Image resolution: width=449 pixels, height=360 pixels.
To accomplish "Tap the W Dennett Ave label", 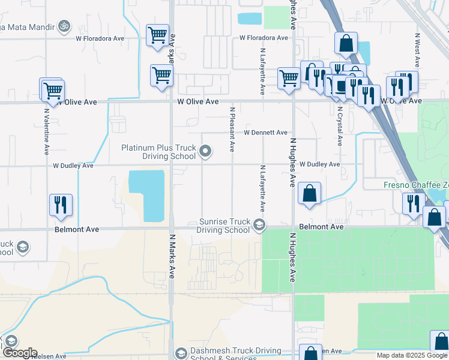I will tap(265, 133).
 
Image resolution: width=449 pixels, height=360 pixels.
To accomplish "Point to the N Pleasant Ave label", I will tap(232, 130).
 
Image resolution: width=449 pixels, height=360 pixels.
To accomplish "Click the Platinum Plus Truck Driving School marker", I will tap(205, 151).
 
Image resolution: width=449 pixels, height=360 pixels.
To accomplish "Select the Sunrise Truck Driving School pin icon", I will tap(259, 226).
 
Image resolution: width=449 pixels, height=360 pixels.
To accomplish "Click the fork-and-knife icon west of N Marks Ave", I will tap(61, 205).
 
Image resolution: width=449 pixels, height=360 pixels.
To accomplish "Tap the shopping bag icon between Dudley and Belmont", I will tap(309, 194).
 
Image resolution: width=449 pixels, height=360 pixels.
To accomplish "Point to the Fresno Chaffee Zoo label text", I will tap(416, 185).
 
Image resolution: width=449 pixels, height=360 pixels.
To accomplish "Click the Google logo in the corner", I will tap(19, 353).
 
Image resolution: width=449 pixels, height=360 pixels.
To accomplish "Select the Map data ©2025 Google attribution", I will tap(403, 355).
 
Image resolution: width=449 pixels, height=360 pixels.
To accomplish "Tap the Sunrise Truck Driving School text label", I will tap(223, 226).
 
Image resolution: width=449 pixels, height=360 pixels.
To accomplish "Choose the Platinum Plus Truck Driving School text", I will tap(158, 152).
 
